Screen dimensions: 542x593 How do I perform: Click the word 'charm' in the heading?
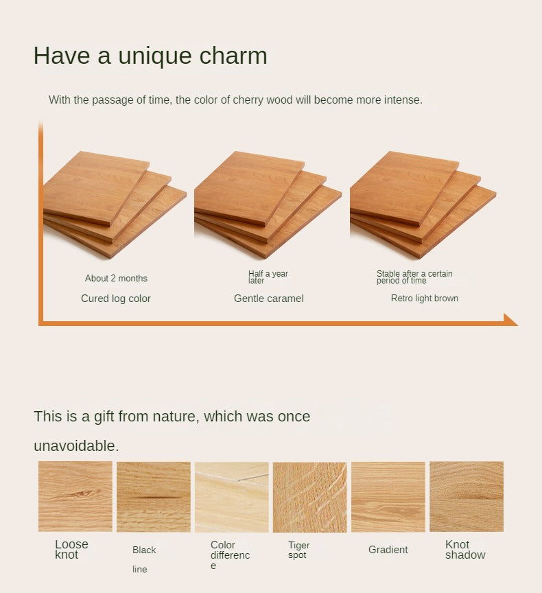233,56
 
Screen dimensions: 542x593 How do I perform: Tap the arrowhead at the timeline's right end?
510,320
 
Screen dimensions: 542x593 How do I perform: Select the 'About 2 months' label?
116,279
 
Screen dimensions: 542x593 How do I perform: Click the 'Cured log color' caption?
116,299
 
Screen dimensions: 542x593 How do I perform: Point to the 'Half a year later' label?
268,277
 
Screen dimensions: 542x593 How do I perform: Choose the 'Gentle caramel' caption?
269,299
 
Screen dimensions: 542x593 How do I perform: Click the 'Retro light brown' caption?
425,299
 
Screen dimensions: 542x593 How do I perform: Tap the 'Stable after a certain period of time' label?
414,277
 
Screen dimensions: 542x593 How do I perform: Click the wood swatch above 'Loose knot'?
75,496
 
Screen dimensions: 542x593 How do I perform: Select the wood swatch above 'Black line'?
154,496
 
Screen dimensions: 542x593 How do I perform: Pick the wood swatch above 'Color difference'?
232,497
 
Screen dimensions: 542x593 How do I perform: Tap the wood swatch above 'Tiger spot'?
310,497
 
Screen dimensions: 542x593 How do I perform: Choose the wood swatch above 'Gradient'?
388,497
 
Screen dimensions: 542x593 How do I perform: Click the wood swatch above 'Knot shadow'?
467,496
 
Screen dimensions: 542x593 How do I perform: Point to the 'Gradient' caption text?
388,550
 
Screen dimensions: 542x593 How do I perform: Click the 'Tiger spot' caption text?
298,550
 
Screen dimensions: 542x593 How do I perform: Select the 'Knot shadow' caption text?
465,550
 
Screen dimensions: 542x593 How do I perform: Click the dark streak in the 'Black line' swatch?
156,497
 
